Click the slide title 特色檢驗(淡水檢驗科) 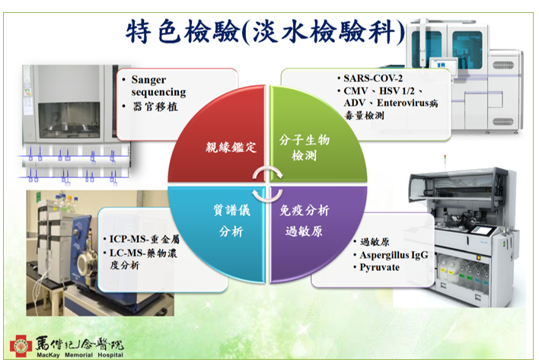pos(265,32)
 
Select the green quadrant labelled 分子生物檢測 pos(313,141)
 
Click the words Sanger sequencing pos(158,86)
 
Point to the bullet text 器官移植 pos(155,107)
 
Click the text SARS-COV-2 pos(373,78)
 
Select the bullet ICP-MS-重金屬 pos(145,239)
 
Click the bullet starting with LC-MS pos(143,259)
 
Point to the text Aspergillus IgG pos(394,255)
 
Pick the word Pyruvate pos(379,267)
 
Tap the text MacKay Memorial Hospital pos(80,355)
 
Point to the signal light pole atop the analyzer pos(445,162)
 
